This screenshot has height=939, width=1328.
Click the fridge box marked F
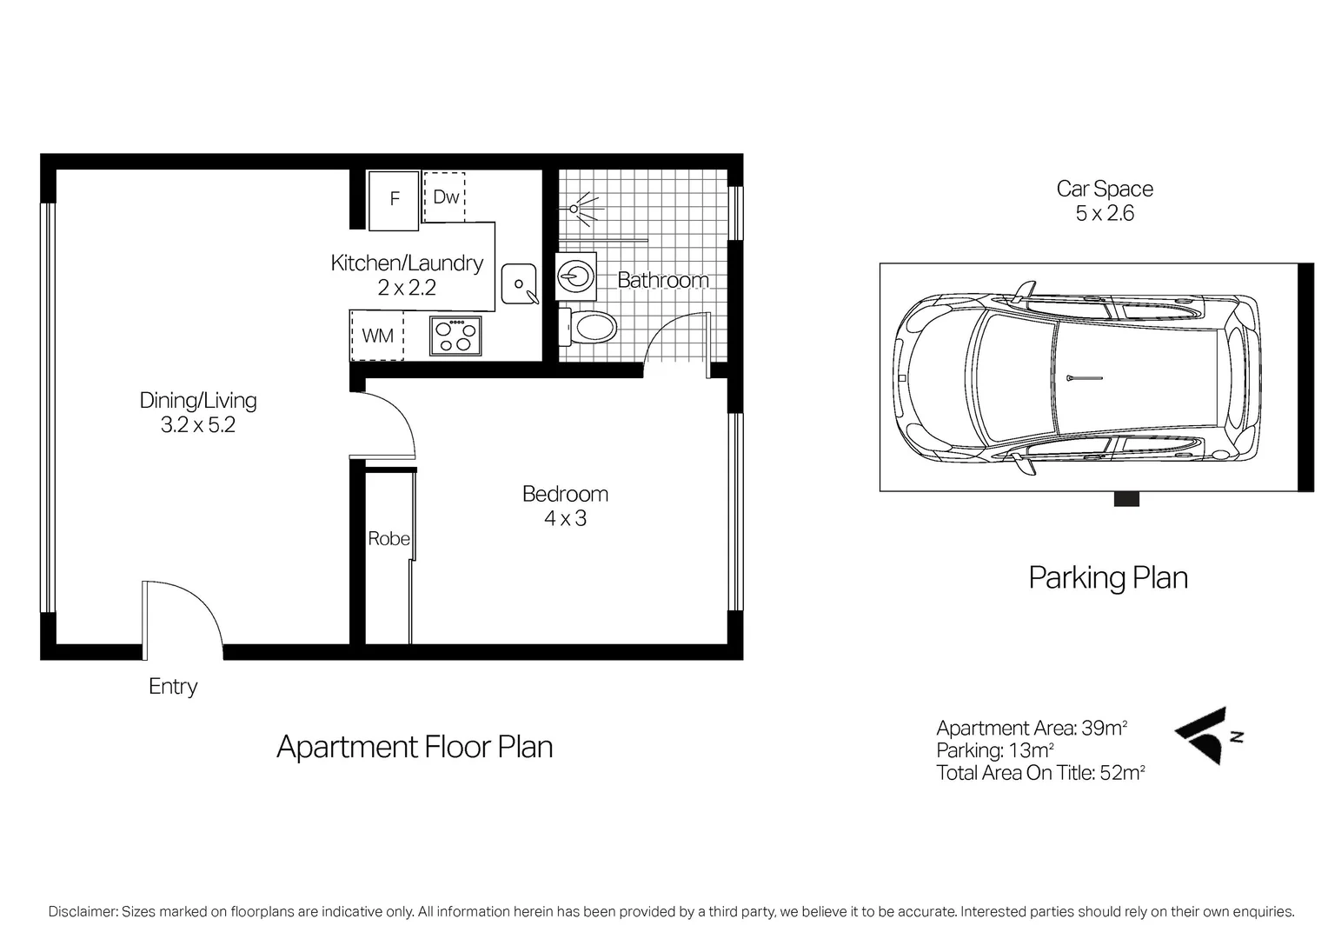point(394,200)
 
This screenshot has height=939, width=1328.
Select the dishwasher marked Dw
point(445,197)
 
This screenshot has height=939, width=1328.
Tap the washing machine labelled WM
point(377,336)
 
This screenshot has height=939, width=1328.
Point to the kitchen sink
point(519,284)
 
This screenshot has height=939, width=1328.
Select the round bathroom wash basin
point(575,276)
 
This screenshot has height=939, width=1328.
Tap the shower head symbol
point(575,208)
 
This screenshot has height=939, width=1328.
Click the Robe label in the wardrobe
point(388,539)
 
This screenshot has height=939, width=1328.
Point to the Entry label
point(173,687)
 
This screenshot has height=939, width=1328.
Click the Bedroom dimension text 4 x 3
point(565,519)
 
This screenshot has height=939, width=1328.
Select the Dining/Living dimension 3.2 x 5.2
point(198,426)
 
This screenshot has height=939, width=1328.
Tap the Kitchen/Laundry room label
point(407,263)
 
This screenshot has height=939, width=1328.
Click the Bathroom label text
point(662,280)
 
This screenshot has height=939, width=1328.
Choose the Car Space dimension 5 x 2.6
point(1105,214)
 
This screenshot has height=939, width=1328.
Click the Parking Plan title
point(1108,578)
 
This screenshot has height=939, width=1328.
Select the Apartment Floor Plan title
point(415,748)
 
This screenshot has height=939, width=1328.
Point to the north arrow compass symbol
point(1208,736)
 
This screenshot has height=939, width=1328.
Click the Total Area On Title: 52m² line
point(1040,773)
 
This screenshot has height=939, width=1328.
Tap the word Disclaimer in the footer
point(83,912)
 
